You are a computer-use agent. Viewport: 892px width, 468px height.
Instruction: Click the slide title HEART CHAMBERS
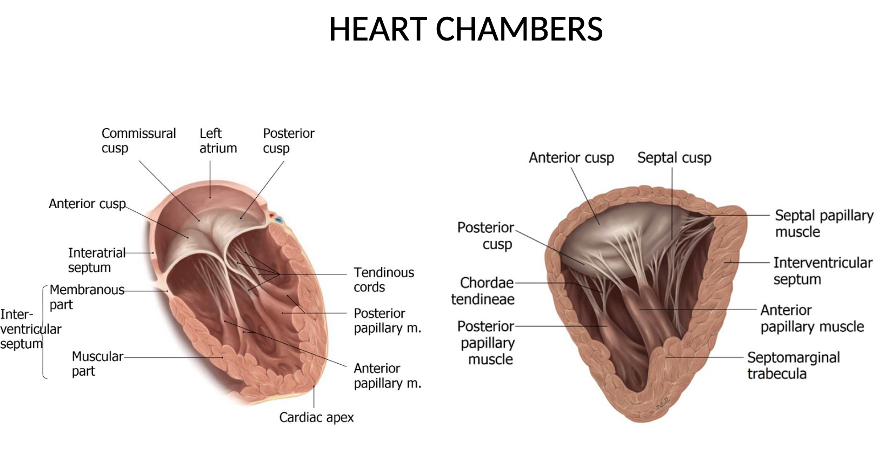465,29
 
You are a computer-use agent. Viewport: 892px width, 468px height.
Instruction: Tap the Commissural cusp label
138,141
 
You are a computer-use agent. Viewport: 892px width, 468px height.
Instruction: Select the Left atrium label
218,141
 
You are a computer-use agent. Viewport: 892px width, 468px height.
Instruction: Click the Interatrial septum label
96,260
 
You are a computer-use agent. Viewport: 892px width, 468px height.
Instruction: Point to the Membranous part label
86,297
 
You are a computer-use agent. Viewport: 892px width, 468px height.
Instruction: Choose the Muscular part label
97,364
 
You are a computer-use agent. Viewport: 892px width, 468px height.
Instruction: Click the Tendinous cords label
383,279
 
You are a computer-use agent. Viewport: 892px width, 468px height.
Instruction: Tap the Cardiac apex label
316,417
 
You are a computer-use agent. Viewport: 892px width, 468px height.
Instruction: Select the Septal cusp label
674,158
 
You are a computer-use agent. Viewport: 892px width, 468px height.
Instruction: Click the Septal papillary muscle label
823,223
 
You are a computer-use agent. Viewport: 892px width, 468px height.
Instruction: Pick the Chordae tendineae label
482,291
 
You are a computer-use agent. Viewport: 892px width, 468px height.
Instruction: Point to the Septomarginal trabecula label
793,365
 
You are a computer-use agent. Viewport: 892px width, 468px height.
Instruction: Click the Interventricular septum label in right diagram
822,271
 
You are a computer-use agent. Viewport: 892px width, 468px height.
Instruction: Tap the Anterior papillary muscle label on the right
811,318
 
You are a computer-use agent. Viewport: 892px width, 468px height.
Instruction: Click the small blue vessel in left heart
279,220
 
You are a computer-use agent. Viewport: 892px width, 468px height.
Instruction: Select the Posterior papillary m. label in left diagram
387,320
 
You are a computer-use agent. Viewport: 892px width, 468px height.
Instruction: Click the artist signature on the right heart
662,403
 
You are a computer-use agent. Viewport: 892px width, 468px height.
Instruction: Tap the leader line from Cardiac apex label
314,397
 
